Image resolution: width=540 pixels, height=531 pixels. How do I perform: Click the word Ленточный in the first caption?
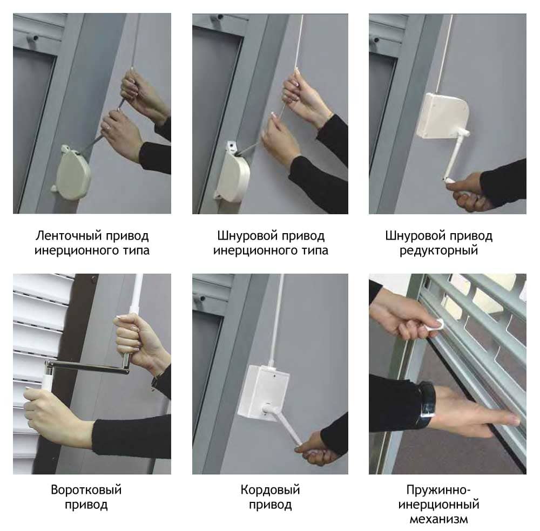pyautogui.click(x=69, y=236)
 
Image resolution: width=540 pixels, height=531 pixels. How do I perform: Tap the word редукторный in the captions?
pyautogui.click(x=438, y=250)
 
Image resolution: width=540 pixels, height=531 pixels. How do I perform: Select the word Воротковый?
pyautogui.click(x=86, y=489)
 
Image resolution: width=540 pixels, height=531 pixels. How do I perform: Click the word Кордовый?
pyautogui.click(x=270, y=489)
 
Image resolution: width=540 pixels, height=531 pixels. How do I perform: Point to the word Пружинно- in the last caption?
pyautogui.click(x=438, y=489)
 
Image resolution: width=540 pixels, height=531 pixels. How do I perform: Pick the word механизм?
pyautogui.click(x=438, y=519)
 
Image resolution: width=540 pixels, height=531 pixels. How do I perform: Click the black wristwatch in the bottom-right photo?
pyautogui.click(x=427, y=400)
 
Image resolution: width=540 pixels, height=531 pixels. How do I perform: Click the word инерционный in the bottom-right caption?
pyautogui.click(x=438, y=505)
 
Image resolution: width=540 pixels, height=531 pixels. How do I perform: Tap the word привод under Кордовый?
pyautogui.click(x=270, y=505)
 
